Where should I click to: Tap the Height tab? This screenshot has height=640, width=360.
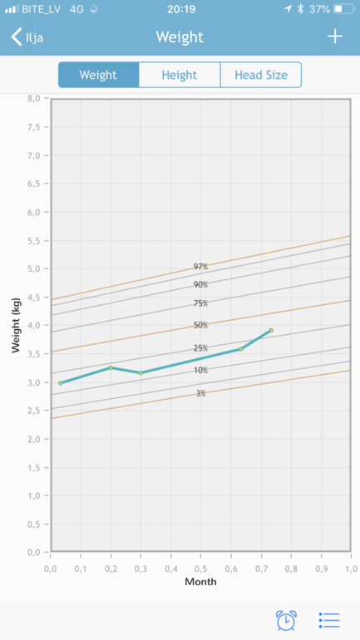tap(180, 75)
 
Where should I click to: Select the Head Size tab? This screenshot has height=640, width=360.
tap(261, 75)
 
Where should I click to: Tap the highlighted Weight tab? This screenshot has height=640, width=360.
tap(98, 75)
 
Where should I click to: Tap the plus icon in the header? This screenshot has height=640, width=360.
tap(335, 37)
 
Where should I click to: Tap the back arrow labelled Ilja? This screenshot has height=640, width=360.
tap(27, 37)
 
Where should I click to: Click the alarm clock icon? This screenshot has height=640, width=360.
tap(286, 620)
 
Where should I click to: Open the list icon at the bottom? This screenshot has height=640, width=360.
tap(329, 620)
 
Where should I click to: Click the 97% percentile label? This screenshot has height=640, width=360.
tap(200, 267)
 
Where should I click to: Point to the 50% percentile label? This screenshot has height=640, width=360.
tap(200, 325)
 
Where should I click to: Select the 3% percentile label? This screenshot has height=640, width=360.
tap(200, 393)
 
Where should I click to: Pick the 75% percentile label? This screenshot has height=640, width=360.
tap(200, 303)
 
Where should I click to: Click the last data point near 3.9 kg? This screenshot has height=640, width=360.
tap(271, 330)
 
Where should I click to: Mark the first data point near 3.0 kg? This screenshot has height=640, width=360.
tap(61, 383)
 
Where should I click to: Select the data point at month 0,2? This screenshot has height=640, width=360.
tap(111, 367)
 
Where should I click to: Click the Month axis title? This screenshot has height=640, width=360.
tap(200, 582)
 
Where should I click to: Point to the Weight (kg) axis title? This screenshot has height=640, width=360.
tap(16, 325)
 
